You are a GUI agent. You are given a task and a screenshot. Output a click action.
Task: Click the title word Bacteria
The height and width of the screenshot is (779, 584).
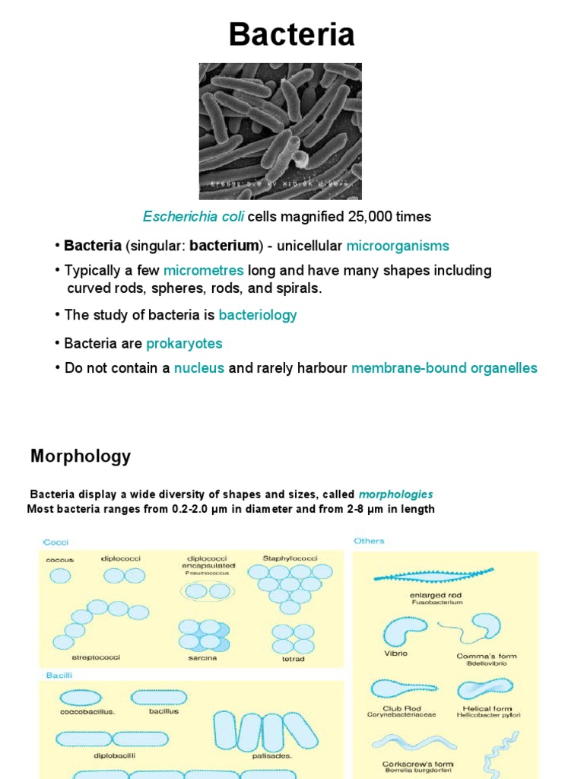click(x=291, y=34)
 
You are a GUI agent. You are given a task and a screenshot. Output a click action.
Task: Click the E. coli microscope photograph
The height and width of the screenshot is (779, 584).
click(x=280, y=131)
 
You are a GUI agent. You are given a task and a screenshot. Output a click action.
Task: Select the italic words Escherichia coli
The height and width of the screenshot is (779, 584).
click(x=193, y=217)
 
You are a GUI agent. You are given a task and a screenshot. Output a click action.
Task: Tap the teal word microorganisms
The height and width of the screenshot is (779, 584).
click(x=398, y=246)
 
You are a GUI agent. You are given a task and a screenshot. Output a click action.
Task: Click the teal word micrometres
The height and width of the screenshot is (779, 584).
click(x=203, y=271)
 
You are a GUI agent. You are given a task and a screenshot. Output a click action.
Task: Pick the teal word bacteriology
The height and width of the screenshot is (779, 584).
click(x=258, y=315)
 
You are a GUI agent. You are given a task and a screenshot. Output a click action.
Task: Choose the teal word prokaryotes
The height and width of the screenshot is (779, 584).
click(x=184, y=344)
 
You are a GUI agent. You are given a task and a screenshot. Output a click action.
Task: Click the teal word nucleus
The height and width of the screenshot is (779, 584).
click(x=199, y=368)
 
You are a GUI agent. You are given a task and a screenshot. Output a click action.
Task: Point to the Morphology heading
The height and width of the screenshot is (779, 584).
click(x=81, y=456)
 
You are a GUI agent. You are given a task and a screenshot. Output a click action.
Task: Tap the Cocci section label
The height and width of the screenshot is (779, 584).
click(x=56, y=542)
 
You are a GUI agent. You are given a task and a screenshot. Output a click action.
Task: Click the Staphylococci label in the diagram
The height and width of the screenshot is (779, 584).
click(x=284, y=558)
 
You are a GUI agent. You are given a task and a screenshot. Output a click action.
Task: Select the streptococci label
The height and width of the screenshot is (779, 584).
click(x=97, y=657)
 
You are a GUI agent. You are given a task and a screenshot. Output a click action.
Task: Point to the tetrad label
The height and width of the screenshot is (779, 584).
click(x=293, y=659)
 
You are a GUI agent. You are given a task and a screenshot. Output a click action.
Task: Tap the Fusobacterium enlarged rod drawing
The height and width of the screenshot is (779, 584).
click(x=433, y=577)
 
